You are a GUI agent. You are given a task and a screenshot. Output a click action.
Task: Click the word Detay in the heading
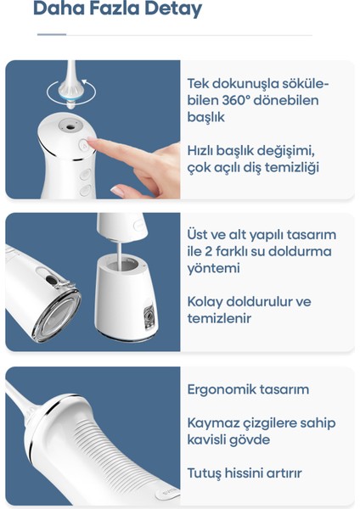pyautogui.click(x=173, y=8)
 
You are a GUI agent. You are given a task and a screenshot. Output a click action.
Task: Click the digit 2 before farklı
pyautogui.click(x=208, y=252)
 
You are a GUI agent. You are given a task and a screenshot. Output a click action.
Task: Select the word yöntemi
pyautogui.click(x=213, y=268)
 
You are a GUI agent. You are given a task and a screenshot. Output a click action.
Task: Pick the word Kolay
pyautogui.click(x=205, y=302)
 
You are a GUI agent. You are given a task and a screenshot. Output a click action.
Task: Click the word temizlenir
pyautogui.click(x=219, y=318)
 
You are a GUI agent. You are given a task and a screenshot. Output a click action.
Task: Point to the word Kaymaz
pyautogui.click(x=209, y=423)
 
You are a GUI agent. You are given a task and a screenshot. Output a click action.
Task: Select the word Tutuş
pyautogui.click(x=204, y=473)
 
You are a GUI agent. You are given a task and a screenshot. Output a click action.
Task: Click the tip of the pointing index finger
pyautogui.click(x=89, y=140)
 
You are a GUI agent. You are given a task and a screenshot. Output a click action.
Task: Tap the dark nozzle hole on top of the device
pyautogui.click(x=70, y=126)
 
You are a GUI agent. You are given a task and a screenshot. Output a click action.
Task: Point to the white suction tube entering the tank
pyautogui.click(x=119, y=256)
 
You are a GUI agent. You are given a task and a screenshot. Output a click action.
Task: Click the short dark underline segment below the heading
pyautogui.click(x=52, y=34)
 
